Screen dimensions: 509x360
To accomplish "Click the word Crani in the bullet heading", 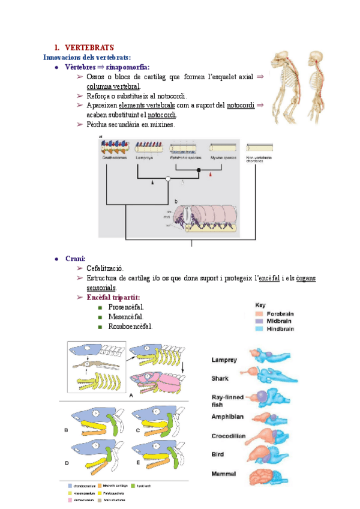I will (76, 258).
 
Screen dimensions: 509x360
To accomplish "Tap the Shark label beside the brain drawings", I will (220, 378).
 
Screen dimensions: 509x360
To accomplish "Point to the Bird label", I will (218, 455).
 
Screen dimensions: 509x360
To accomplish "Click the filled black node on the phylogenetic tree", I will (199, 170).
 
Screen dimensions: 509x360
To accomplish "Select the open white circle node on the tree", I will (169, 179).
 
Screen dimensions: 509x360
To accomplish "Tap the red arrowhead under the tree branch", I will (211, 174).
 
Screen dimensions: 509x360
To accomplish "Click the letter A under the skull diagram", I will (131, 396).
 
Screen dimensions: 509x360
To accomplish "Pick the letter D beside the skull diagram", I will (67, 463).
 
